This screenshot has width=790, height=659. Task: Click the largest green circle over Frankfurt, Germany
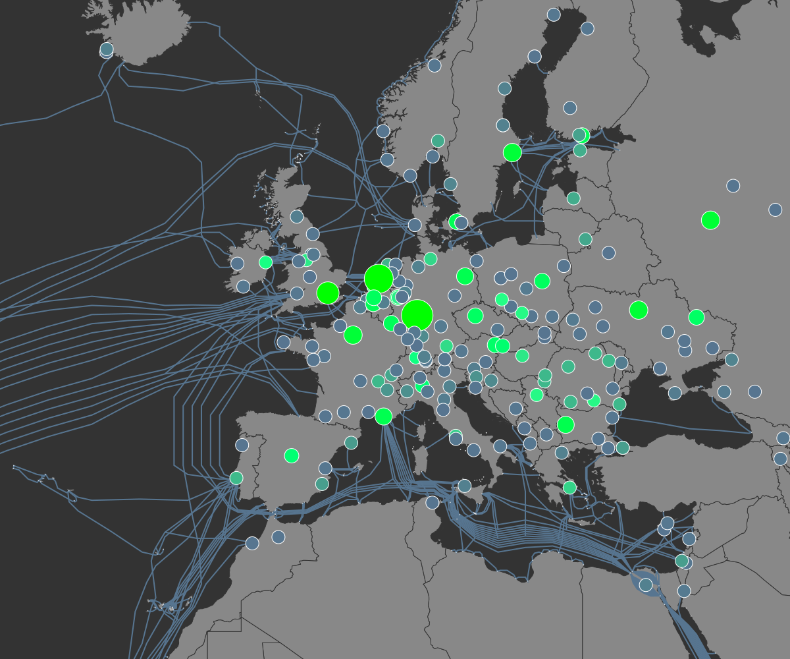click(417, 315)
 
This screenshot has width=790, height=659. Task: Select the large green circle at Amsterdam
click(379, 279)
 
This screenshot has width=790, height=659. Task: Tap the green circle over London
click(328, 293)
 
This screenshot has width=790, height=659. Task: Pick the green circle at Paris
click(353, 335)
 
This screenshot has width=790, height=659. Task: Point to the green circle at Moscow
click(710, 220)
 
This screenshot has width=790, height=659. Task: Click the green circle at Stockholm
click(512, 152)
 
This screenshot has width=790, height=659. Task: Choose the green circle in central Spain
click(292, 455)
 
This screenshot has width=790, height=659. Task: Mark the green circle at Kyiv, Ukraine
click(639, 310)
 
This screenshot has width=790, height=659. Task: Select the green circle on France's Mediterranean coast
click(383, 416)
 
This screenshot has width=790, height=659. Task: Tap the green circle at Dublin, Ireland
click(265, 262)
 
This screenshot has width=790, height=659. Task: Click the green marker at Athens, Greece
click(569, 488)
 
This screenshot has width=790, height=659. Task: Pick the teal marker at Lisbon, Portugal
click(236, 478)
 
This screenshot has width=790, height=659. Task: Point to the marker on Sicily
click(465, 486)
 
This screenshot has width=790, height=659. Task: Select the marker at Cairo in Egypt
click(646, 585)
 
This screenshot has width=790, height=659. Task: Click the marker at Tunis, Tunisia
click(433, 502)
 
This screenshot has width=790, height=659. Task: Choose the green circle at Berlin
click(465, 276)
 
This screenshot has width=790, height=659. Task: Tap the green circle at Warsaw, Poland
click(542, 281)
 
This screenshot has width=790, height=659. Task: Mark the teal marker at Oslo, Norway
click(438, 140)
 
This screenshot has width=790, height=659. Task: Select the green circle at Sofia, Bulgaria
click(566, 425)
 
